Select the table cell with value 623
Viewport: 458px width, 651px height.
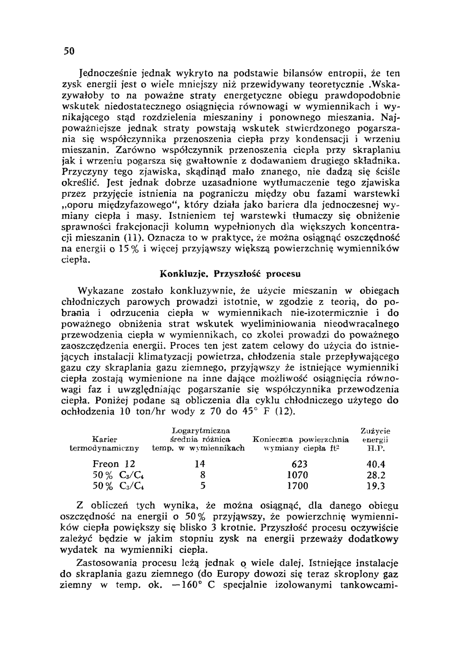coord(296,464)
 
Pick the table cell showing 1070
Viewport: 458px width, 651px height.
coord(296,475)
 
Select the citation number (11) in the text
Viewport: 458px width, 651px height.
coord(134,238)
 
